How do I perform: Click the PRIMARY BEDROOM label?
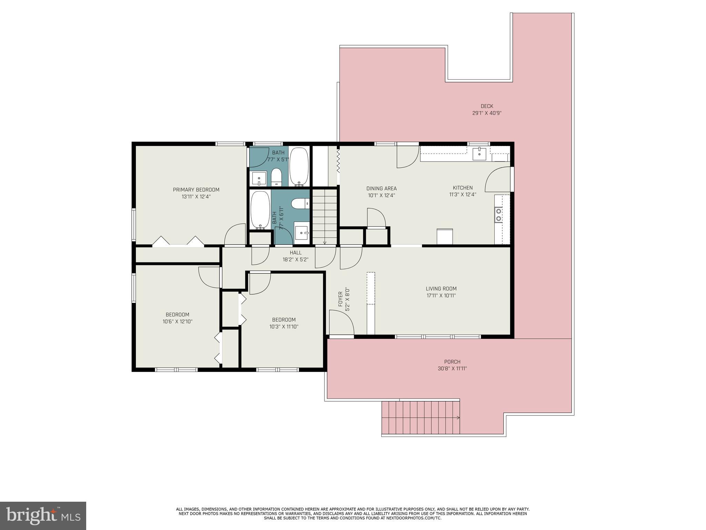pyautogui.click(x=196, y=190)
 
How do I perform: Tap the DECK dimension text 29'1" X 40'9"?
pyautogui.click(x=486, y=113)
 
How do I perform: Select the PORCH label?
pyautogui.click(x=452, y=362)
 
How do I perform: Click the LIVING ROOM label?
pyautogui.click(x=441, y=289)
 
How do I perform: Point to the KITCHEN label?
pyautogui.click(x=462, y=188)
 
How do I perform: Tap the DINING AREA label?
pyautogui.click(x=381, y=188)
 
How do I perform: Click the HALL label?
pyautogui.click(x=295, y=253)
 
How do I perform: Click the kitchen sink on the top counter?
pyautogui.click(x=479, y=154)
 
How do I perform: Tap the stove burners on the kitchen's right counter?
pyautogui.click(x=498, y=214)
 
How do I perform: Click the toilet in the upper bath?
pyautogui.click(x=276, y=177)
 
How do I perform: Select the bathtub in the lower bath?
pyautogui.click(x=260, y=210)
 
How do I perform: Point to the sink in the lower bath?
pyautogui.click(x=302, y=233)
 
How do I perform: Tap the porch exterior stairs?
pyautogui.click(x=421, y=418)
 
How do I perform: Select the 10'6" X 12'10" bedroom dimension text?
pyautogui.click(x=177, y=322)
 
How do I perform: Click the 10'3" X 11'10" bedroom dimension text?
pyautogui.click(x=284, y=327)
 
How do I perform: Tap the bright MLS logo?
pyautogui.click(x=43, y=516)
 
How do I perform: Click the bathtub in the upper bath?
pyautogui.click(x=299, y=167)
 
